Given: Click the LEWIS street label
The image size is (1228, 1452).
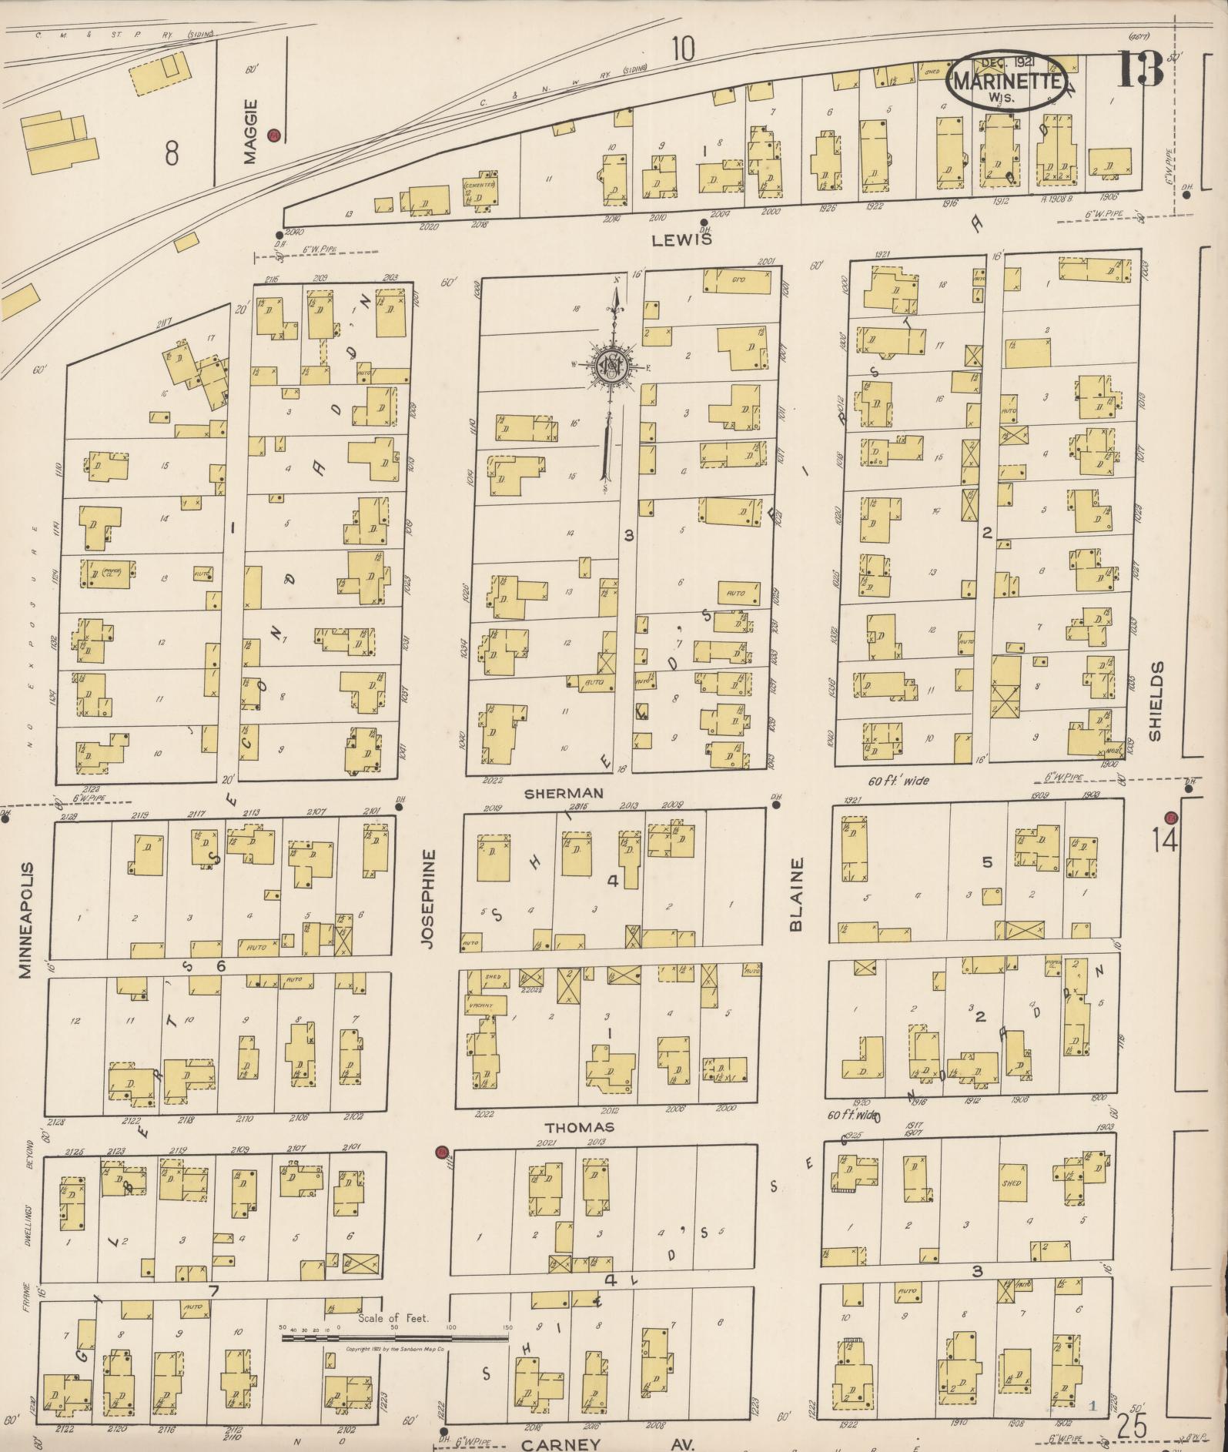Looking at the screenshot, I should click(681, 239).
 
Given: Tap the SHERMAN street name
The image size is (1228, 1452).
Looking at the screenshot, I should click(564, 792).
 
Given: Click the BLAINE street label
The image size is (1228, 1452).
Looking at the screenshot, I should click(796, 895).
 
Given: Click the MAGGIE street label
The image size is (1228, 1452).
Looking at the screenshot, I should click(248, 132).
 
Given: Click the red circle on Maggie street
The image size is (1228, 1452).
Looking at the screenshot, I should click(275, 135).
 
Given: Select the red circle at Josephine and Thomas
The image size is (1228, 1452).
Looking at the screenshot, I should click(441, 1153).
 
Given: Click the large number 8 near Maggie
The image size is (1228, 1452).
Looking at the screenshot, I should click(171, 153).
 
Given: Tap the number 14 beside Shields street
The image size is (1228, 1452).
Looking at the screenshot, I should click(1165, 841).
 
